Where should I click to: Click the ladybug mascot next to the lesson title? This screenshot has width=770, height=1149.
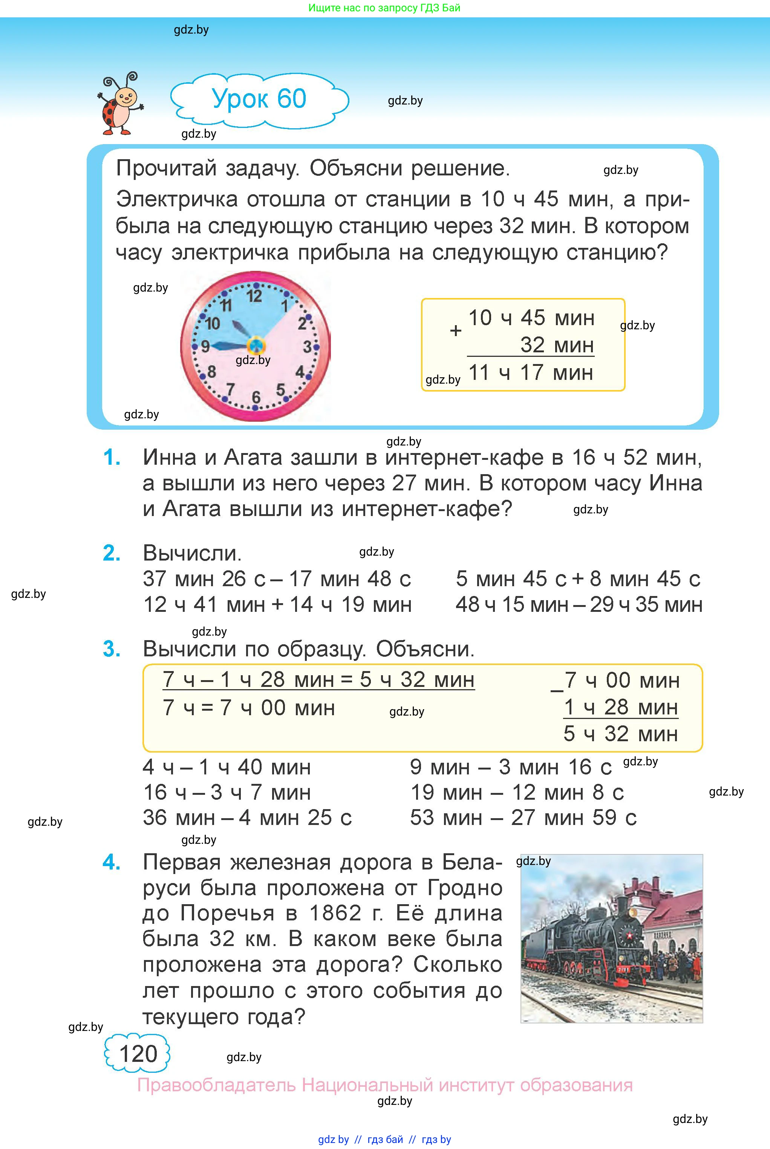pyautogui.click(x=120, y=104)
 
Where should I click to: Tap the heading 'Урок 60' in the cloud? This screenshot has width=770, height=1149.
pyautogui.click(x=259, y=99)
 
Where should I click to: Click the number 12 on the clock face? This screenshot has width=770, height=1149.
pyautogui.click(x=254, y=296)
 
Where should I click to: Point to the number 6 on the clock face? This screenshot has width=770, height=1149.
pyautogui.click(x=256, y=396)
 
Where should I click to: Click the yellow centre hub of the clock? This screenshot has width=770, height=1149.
pyautogui.click(x=256, y=346)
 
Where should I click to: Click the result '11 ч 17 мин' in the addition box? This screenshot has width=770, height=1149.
pyautogui.click(x=531, y=373)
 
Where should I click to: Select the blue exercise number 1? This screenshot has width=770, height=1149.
pyautogui.click(x=112, y=458)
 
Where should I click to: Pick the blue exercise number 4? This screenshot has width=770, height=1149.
pyautogui.click(x=112, y=862)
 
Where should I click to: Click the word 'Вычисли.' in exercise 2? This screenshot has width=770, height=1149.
pyautogui.click(x=192, y=553)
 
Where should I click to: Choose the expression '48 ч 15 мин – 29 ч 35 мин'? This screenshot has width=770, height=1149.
pyautogui.click(x=579, y=605)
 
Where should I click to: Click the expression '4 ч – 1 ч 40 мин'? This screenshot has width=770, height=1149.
pyautogui.click(x=227, y=767)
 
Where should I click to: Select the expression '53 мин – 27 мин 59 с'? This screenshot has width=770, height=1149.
pyautogui.click(x=523, y=818)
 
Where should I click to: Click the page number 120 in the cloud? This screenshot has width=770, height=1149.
pyautogui.click(x=138, y=1054)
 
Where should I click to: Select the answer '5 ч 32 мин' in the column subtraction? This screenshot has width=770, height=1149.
pyautogui.click(x=621, y=734)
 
